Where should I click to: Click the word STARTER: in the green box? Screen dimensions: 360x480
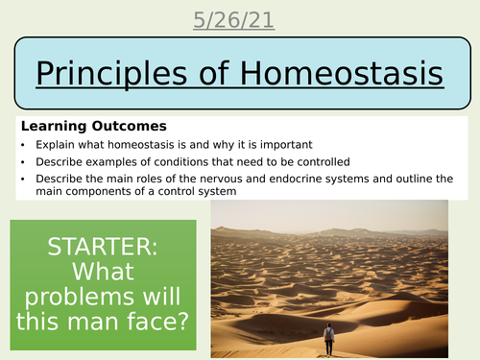pos(102,246)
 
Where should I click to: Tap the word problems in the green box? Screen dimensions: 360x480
pos(102,295)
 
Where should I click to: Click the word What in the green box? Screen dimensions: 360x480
pos(102,271)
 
